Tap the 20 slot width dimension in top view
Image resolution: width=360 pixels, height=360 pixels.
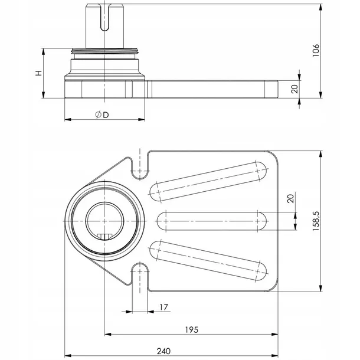[x=290, y=198]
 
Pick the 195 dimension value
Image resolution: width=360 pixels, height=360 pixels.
[x=191, y=329]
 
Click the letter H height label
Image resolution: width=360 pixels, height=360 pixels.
[x=38, y=74]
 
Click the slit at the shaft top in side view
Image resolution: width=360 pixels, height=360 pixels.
[x=104, y=18]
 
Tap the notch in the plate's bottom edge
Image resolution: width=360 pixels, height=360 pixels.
[x=140, y=276]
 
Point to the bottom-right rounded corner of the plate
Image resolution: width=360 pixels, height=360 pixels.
[x=273, y=286]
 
